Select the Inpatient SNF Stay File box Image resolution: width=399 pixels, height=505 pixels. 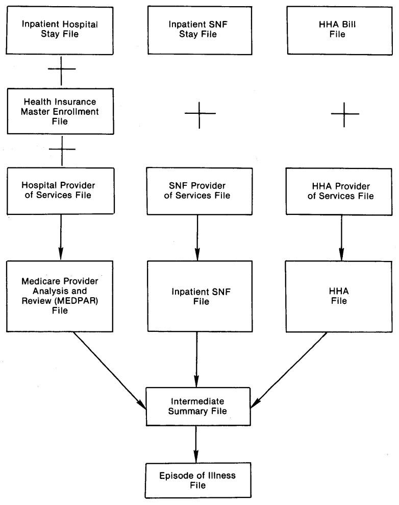(200, 29)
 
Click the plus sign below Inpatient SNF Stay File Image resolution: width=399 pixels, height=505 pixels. (200, 112)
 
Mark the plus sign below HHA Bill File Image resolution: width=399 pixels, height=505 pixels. (345, 112)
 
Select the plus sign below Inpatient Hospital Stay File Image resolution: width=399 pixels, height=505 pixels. (61, 69)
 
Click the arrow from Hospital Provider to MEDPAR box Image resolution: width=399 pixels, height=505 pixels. (61, 235)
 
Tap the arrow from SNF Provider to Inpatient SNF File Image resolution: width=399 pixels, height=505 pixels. (196, 235)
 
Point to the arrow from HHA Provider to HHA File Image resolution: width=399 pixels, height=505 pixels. (342, 235)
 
